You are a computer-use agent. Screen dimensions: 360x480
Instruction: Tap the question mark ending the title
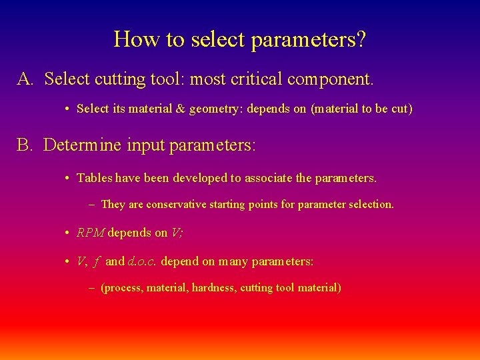360,39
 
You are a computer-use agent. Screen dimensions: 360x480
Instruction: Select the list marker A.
25,79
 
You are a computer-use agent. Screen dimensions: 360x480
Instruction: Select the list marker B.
25,145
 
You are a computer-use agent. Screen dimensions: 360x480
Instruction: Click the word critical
257,79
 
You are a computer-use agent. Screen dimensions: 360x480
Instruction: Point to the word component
331,80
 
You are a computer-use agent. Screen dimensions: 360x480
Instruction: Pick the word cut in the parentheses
399,108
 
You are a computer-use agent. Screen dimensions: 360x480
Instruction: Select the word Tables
94,178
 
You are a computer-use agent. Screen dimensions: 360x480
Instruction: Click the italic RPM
91,233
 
